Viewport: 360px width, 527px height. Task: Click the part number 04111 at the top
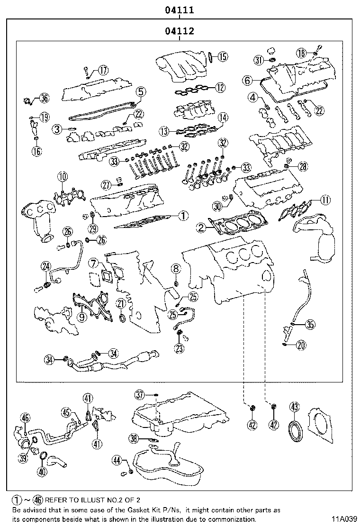(180, 9)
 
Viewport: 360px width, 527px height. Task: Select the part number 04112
(180, 32)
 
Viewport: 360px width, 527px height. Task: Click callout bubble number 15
(222, 56)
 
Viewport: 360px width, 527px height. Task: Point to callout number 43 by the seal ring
(295, 407)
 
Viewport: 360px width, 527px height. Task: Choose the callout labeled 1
(183, 216)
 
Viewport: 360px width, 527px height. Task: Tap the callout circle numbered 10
(62, 177)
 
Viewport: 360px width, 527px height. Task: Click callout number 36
(44, 98)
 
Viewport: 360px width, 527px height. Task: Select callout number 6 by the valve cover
(247, 81)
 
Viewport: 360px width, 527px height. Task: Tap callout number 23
(179, 348)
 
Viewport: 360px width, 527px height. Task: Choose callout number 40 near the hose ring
(42, 472)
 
